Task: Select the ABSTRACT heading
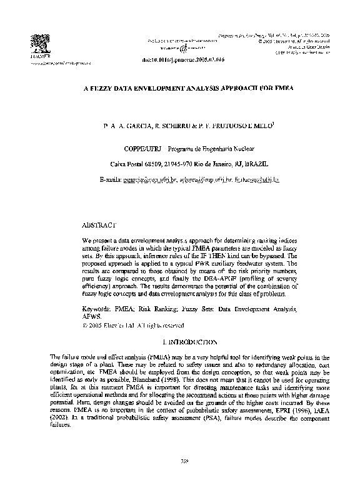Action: pyautogui.click(x=99, y=224)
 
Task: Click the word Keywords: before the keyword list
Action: pyautogui.click(x=98, y=309)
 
